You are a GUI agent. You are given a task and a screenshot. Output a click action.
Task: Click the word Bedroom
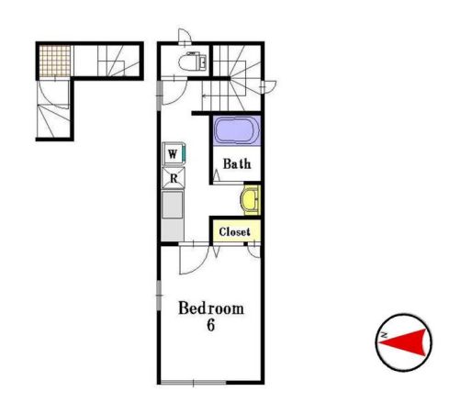point(211,308)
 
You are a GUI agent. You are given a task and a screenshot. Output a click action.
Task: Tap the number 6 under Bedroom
point(210,325)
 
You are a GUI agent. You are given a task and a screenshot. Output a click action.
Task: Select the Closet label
point(235,231)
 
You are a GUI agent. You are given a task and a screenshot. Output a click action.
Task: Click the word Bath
point(237,163)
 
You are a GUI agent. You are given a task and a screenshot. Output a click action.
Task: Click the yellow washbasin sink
point(251,200)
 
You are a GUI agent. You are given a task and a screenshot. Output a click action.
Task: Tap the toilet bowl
point(188,62)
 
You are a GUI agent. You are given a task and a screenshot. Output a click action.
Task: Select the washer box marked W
point(173,154)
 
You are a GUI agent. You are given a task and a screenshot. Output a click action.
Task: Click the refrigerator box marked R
point(174,178)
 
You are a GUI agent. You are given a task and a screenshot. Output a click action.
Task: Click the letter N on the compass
point(383,335)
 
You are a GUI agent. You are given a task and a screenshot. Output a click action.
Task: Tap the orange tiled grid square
point(55,61)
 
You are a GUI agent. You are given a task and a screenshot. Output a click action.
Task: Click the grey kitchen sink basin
point(173,205)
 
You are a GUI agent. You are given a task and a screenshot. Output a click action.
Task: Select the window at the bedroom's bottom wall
point(194,382)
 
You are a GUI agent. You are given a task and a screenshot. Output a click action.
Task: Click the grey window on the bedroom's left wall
point(159,296)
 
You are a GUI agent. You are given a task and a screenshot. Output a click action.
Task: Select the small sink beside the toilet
point(203,62)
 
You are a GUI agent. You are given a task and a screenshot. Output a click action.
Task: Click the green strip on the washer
point(185,153)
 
